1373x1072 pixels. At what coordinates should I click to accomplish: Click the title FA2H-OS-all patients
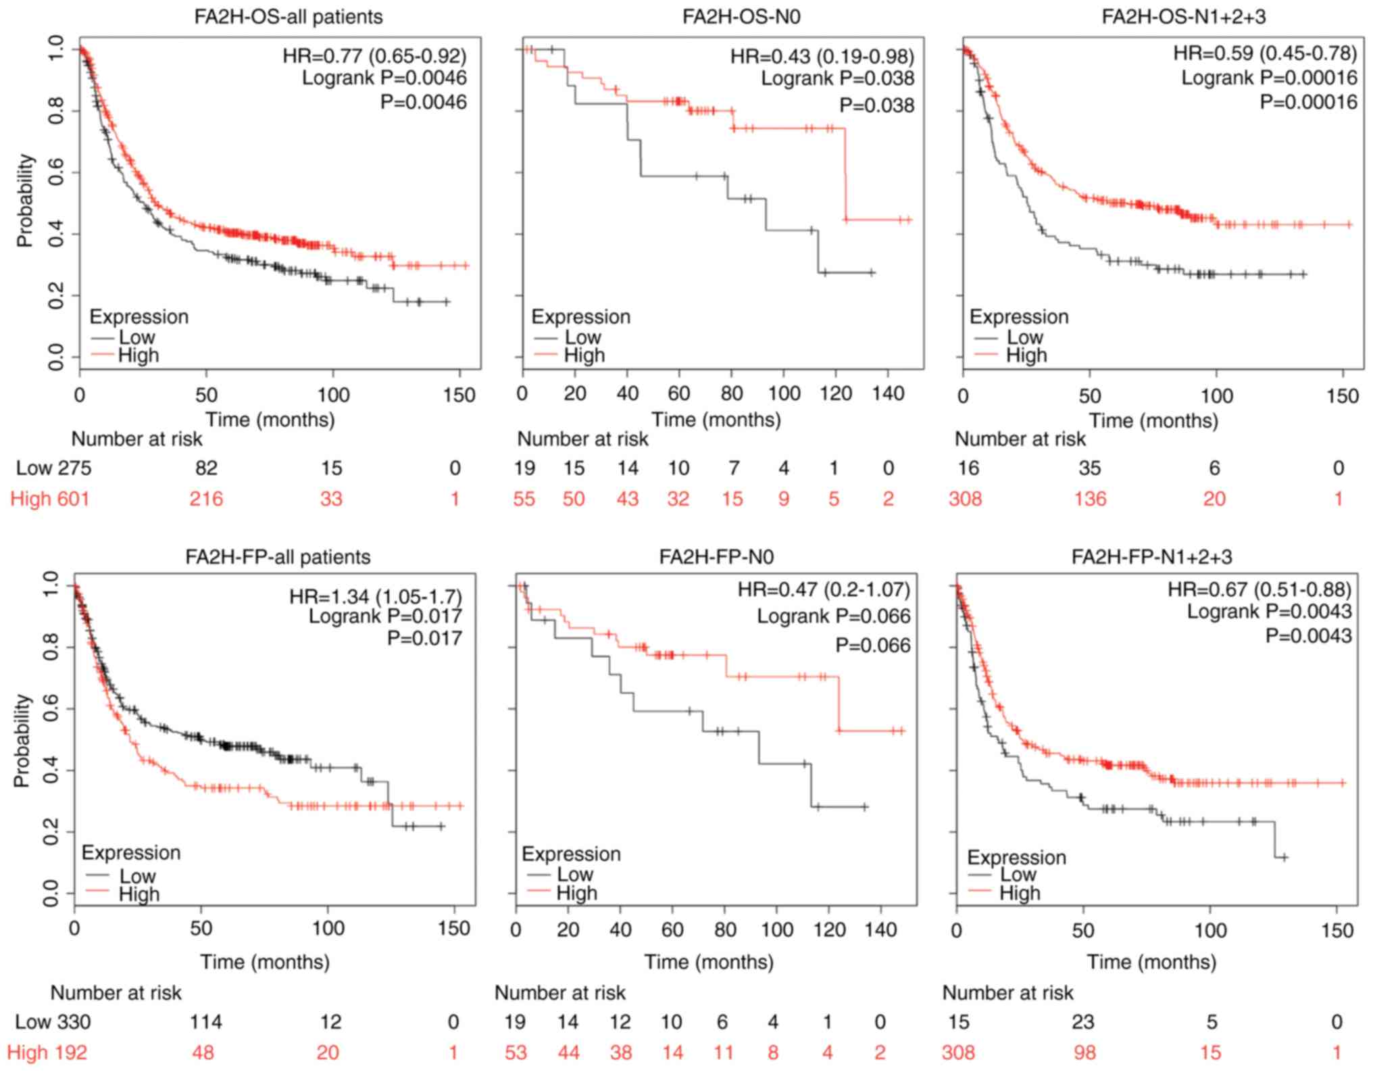coord(289,16)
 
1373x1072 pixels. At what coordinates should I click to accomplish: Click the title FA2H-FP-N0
coord(716,556)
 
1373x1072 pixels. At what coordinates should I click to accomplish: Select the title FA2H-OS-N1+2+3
coord(1184,16)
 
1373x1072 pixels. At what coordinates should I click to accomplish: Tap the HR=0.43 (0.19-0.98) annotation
coord(822,56)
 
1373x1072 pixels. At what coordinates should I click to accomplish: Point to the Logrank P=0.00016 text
coord(1269,78)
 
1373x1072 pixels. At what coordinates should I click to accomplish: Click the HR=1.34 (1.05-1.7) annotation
coord(376,597)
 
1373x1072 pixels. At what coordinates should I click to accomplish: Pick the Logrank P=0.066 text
coord(833,616)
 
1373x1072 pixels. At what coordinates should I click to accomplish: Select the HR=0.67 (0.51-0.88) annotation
coord(1259,589)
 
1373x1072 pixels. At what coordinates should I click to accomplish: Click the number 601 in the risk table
coord(72,500)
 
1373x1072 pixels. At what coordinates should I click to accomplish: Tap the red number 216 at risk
coord(206,500)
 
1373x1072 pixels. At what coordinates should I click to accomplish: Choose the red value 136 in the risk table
coord(1090,500)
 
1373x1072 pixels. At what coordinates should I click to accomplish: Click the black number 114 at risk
coord(205,1022)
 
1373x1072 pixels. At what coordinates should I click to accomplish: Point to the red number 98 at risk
coord(1082,1053)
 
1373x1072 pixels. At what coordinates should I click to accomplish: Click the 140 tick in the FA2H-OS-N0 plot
coord(888,393)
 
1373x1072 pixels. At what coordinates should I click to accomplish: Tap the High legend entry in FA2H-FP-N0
coord(576,894)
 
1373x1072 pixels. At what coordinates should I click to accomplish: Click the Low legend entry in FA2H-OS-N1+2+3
coord(1024,337)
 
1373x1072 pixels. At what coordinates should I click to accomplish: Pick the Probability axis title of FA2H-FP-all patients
coord(22,740)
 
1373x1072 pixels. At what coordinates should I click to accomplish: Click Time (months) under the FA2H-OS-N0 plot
coord(716,420)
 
